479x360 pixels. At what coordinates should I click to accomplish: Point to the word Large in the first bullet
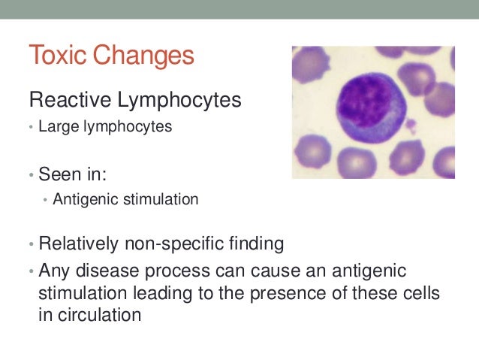[x=53, y=127]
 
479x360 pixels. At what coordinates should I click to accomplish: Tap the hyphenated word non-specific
[x=170, y=244]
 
